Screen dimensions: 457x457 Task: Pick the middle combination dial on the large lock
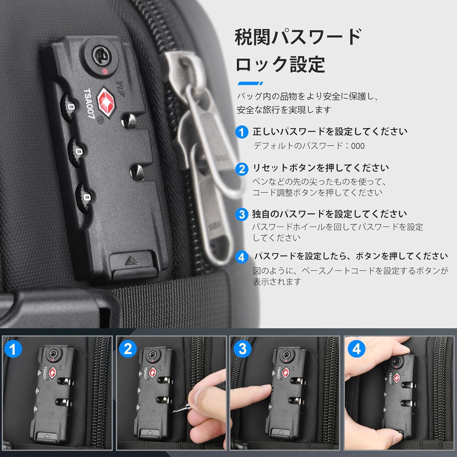pos(77,151)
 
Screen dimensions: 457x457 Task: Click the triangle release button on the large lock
pos(132,261)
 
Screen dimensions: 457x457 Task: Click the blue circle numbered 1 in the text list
pos(242,132)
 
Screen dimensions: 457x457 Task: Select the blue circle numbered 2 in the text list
pos(242,168)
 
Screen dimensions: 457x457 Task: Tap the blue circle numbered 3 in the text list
pos(242,214)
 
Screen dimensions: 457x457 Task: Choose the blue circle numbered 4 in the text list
pos(242,257)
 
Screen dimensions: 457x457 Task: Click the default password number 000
pos(358,146)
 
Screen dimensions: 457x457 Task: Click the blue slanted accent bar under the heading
pos(250,83)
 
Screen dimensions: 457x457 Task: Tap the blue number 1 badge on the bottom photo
pos(13,349)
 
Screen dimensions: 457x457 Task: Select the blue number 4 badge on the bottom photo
pos(356,349)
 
